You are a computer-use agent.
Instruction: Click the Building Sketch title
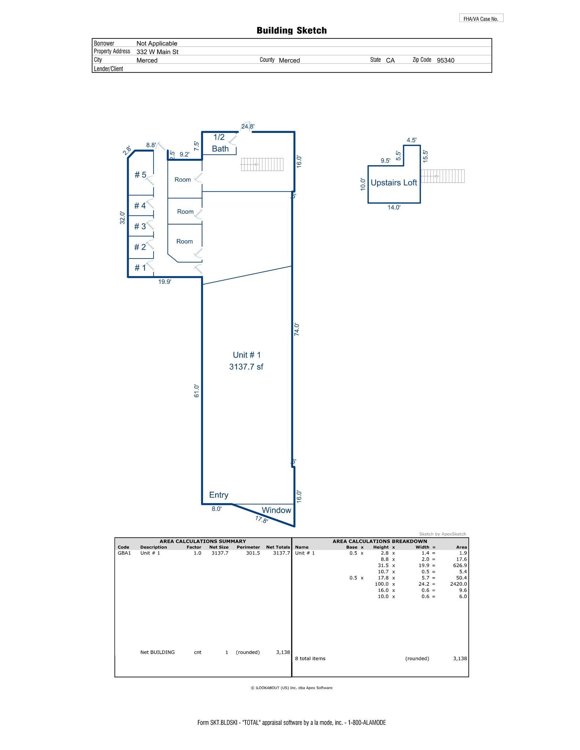(291, 30)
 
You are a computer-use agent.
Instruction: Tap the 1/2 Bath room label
(220, 143)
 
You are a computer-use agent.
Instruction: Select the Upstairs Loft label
(394, 183)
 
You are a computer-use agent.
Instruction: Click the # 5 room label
(140, 175)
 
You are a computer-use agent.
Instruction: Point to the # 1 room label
(140, 268)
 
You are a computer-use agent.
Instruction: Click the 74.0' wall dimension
(297, 330)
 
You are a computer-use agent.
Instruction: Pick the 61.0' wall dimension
(197, 391)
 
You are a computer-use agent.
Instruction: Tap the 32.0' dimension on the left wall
(123, 218)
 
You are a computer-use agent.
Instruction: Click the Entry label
(219, 495)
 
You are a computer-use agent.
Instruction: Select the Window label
(276, 510)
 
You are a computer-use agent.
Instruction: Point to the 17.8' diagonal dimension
(262, 519)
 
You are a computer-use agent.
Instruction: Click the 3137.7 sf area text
(246, 367)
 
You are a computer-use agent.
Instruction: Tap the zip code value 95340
(446, 60)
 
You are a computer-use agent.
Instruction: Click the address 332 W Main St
(158, 52)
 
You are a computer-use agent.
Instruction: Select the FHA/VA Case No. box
(481, 18)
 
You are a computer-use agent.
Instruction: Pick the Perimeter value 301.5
(253, 553)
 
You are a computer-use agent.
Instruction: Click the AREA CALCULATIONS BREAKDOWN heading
(380, 541)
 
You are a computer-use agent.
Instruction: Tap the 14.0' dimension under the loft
(394, 208)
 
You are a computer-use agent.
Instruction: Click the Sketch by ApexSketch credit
(443, 534)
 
